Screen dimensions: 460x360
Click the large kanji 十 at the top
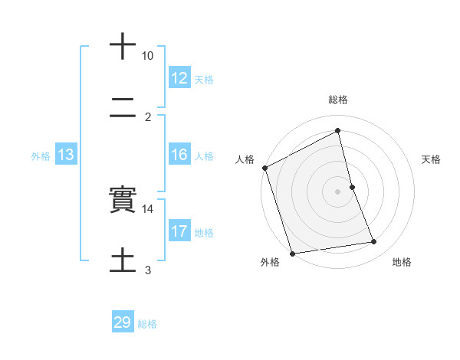click(123, 46)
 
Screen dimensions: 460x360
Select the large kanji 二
click(123, 110)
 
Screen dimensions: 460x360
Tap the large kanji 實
click(123, 201)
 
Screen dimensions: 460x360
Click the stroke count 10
click(147, 56)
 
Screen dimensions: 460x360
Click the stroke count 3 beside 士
click(148, 270)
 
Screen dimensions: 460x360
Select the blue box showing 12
click(179, 78)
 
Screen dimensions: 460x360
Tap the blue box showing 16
click(179, 155)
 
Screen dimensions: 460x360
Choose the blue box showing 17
click(179, 231)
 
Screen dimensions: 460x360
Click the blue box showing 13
click(66, 155)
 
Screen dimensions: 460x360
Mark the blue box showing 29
click(123, 323)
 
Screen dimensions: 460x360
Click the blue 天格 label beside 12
click(204, 80)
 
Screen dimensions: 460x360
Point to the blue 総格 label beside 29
click(147, 324)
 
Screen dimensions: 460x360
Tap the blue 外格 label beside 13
click(41, 155)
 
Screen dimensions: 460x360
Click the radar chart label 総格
click(338, 100)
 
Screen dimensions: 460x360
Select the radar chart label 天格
click(432, 159)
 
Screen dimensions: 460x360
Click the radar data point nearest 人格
click(264, 168)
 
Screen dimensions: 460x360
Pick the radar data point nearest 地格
click(374, 242)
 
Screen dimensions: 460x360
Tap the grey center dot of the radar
click(337, 191)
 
